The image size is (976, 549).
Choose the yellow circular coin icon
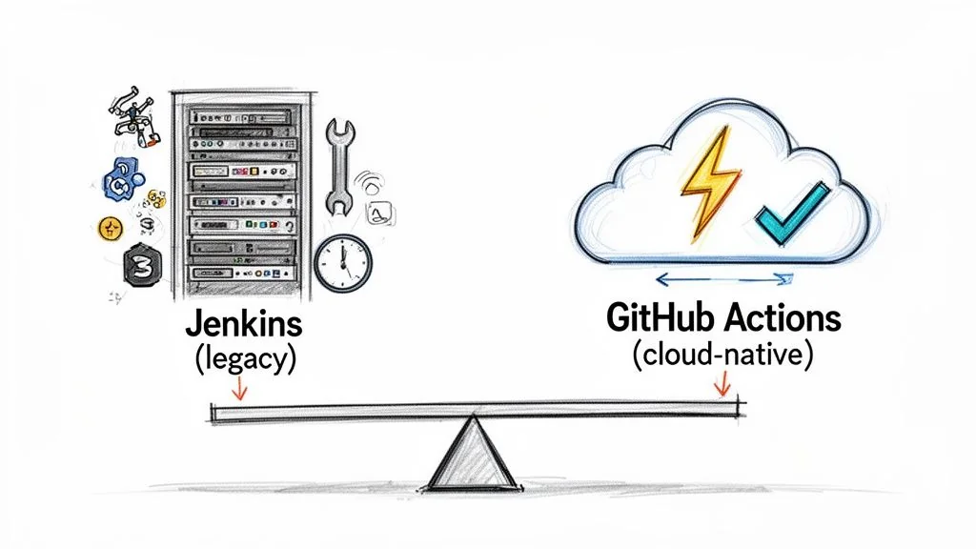pos(112,228)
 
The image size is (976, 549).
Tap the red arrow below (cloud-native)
pos(722,383)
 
